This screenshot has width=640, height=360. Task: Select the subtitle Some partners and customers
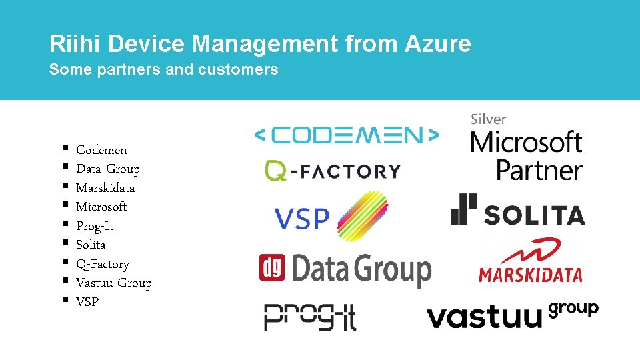[163, 69]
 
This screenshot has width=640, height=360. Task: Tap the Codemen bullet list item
[101, 150]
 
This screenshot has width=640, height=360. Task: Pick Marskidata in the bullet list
[105, 188]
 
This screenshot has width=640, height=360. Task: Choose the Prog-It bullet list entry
[95, 226]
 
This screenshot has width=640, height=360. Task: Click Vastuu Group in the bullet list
[114, 283]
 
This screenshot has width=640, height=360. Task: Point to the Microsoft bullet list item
[101, 207]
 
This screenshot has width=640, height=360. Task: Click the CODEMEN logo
[347, 136]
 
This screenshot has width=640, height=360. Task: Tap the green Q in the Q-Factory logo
[275, 171]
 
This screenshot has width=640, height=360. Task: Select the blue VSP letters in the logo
[301, 219]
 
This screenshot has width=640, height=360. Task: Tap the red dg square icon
[272, 267]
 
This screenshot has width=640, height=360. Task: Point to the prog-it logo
[310, 317]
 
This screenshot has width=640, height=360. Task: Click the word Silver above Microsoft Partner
[489, 119]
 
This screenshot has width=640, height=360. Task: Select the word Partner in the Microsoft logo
[539, 170]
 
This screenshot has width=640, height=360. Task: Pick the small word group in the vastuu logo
[573, 309]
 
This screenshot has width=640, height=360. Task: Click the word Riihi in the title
[74, 45]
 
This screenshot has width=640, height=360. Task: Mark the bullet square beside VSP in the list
[65, 301]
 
